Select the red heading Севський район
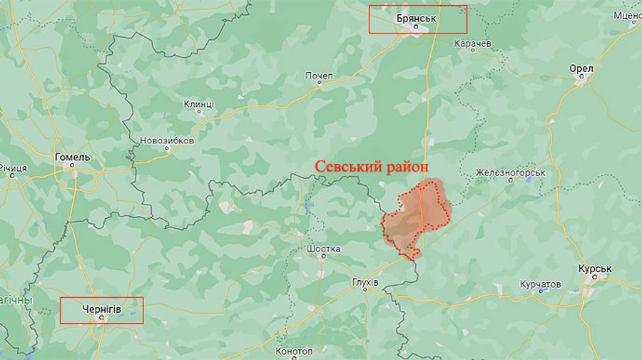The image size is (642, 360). pyautogui.click(x=372, y=166)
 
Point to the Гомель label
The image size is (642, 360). pyautogui.click(x=73, y=157)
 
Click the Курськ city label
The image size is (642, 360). pyautogui.click(x=595, y=270)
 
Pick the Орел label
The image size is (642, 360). pyautogui.click(x=581, y=68)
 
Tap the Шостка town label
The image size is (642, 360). pyautogui.click(x=322, y=249)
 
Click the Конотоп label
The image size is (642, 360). pyautogui.click(x=294, y=351)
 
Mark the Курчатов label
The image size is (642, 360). pyautogui.click(x=540, y=284)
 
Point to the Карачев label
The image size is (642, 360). pyautogui.click(x=472, y=43)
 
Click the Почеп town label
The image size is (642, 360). pyautogui.click(x=319, y=75)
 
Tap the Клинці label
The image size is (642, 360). pyautogui.click(x=198, y=104)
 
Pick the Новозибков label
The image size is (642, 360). pyautogui.click(x=167, y=140)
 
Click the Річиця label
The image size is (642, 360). pyautogui.click(x=13, y=168)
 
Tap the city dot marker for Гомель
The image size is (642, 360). pyautogui.click(x=72, y=167)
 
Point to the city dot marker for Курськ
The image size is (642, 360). pyautogui.click(x=591, y=281)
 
